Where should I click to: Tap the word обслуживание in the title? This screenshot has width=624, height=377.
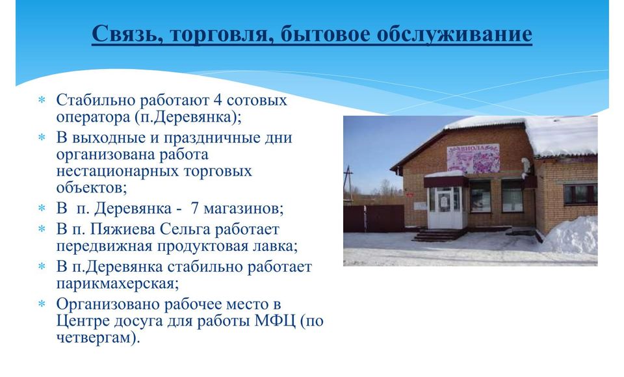[x=454, y=34]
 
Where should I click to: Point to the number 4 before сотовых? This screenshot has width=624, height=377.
[x=217, y=99]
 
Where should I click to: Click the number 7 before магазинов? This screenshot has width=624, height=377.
[x=194, y=208]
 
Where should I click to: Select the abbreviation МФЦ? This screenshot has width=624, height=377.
[x=274, y=321]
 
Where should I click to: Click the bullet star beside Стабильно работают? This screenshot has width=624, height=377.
[x=42, y=100]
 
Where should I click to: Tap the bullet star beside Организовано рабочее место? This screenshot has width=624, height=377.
[x=42, y=304]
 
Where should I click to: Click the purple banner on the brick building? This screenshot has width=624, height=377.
[x=473, y=159]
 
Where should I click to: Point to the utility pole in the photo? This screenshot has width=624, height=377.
[x=348, y=185]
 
